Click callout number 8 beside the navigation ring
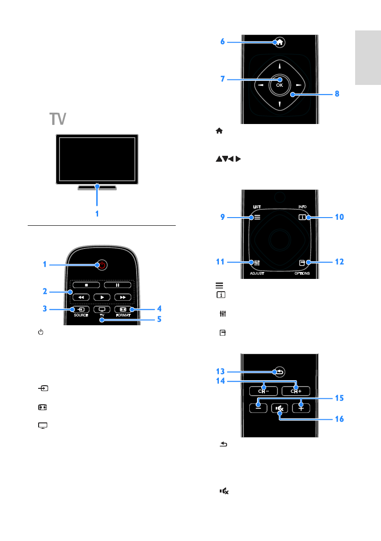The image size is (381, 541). pyautogui.click(x=336, y=94)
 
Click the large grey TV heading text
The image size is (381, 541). pyautogui.click(x=58, y=119)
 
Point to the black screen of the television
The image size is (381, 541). pyautogui.click(x=96, y=158)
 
